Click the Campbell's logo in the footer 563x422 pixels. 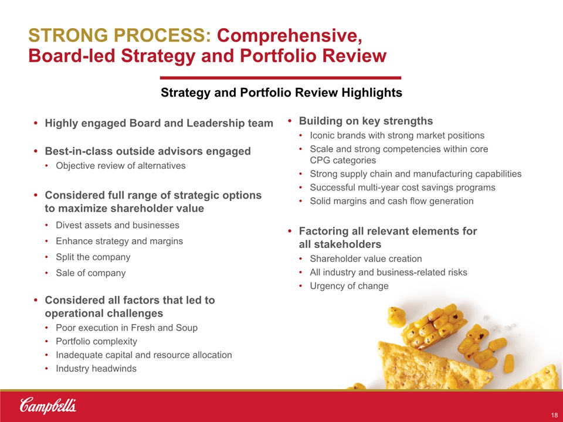pos(48,406)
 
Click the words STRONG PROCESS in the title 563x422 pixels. pos(120,36)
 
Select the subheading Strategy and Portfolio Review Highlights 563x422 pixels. pos(281,93)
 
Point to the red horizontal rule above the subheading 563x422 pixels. pos(280,77)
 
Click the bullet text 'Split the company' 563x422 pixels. pos(93,257)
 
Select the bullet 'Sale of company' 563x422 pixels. pos(91,273)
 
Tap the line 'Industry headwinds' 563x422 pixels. pos(96,369)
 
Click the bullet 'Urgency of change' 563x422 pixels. pos(349,286)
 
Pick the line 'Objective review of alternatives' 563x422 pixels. pos(121,166)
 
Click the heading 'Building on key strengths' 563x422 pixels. pos(366,121)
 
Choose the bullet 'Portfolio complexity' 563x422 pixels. pos(96,341)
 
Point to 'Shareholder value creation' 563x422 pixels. pos(366,258)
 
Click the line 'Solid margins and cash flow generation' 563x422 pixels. pos(392,201)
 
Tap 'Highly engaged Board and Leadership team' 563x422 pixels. pos(159,123)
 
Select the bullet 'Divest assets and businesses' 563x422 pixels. pos(117,225)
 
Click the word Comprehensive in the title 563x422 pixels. pos(289,36)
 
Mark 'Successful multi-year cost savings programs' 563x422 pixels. pos(402,188)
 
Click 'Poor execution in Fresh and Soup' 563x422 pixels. pos(127,328)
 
